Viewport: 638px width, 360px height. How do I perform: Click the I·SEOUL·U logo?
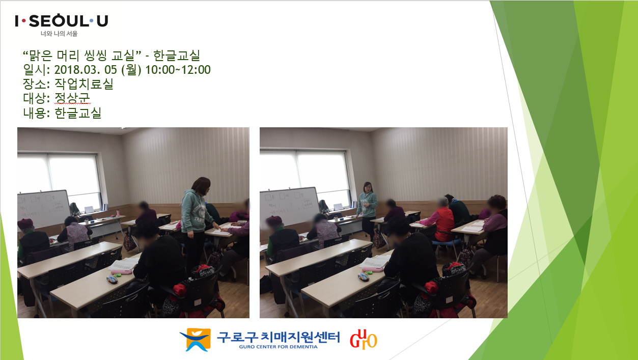62,21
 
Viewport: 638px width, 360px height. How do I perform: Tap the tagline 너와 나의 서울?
59,34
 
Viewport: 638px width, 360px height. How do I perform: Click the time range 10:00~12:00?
178,70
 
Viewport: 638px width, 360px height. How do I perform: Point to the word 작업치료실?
84,84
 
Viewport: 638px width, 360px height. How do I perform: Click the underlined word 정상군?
72,98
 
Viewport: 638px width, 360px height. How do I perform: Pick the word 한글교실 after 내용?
78,113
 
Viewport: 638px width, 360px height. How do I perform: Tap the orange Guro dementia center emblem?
196,340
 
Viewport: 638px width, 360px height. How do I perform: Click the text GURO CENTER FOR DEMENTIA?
279,347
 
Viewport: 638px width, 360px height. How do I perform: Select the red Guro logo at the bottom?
364,339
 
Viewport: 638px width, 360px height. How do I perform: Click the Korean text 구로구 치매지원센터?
279,337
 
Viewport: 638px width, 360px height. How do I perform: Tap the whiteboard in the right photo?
289,206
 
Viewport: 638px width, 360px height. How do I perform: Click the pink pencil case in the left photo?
122,272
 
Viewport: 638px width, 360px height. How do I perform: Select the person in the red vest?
439,221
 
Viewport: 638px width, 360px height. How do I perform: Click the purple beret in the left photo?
25,223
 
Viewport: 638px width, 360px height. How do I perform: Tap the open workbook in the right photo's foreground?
375,261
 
